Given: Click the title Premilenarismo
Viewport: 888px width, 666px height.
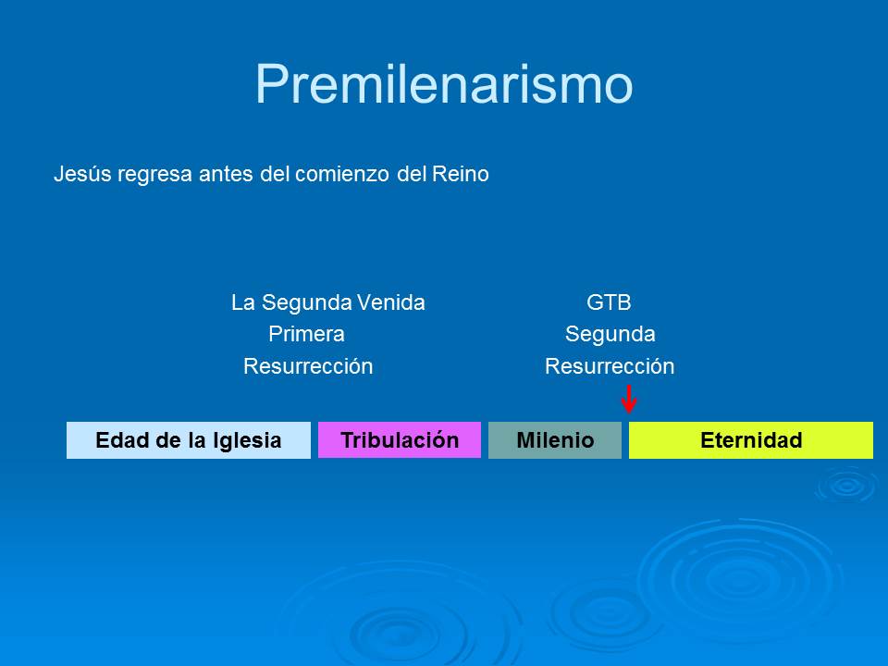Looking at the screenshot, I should click(x=444, y=84).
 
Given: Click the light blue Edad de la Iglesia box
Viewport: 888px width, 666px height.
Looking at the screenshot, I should click(x=188, y=440).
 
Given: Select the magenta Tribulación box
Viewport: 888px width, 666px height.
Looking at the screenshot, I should click(x=400, y=440).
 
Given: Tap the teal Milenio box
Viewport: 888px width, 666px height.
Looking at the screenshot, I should click(x=555, y=440).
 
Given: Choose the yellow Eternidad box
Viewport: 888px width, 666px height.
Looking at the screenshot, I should click(x=751, y=440).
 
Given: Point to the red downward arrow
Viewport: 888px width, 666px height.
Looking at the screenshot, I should click(x=629, y=400).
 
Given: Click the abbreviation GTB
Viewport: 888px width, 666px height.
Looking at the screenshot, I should click(x=609, y=302).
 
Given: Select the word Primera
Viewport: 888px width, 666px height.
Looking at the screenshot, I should click(x=306, y=334).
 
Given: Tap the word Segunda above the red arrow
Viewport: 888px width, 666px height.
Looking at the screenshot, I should click(x=610, y=334).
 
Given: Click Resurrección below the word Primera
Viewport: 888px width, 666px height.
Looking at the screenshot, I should click(x=308, y=366).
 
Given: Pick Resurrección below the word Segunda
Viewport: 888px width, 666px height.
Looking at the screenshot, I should click(x=610, y=366).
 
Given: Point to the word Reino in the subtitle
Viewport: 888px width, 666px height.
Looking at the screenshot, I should click(x=461, y=174).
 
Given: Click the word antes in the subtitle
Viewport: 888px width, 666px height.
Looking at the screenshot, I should click(x=226, y=174).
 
